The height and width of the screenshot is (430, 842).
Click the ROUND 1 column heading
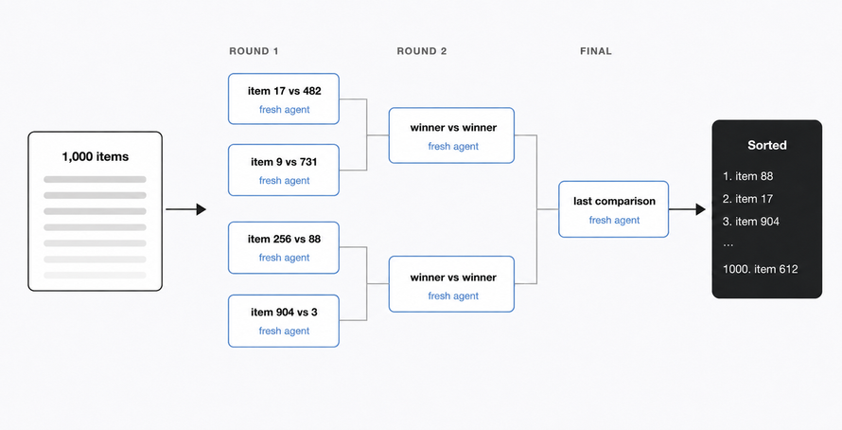tap(254, 51)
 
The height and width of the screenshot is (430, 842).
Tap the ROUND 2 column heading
tap(422, 51)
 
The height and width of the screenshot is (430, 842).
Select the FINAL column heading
tap(595, 51)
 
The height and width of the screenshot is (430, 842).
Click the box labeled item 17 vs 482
tap(284, 99)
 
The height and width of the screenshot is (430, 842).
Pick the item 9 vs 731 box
tap(284, 170)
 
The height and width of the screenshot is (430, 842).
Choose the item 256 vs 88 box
tap(284, 248)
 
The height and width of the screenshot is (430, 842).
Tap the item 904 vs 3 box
tap(284, 321)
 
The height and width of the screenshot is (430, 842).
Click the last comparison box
tap(613, 209)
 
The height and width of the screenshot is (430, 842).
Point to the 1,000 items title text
tap(95, 157)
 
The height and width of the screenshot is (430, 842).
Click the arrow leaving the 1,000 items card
tap(185, 209)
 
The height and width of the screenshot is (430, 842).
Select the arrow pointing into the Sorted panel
tap(687, 209)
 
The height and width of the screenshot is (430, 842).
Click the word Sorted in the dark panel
tap(767, 145)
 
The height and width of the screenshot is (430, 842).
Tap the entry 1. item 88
tap(748, 176)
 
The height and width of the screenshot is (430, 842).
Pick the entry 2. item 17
tap(747, 199)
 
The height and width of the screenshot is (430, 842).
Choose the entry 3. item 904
tap(751, 222)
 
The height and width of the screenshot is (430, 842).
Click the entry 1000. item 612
tap(761, 269)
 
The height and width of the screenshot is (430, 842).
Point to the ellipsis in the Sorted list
tap(728, 244)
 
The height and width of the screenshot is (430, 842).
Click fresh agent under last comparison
tap(614, 220)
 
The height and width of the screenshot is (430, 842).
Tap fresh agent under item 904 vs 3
tap(284, 331)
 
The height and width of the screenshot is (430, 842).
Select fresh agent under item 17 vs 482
tap(284, 109)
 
